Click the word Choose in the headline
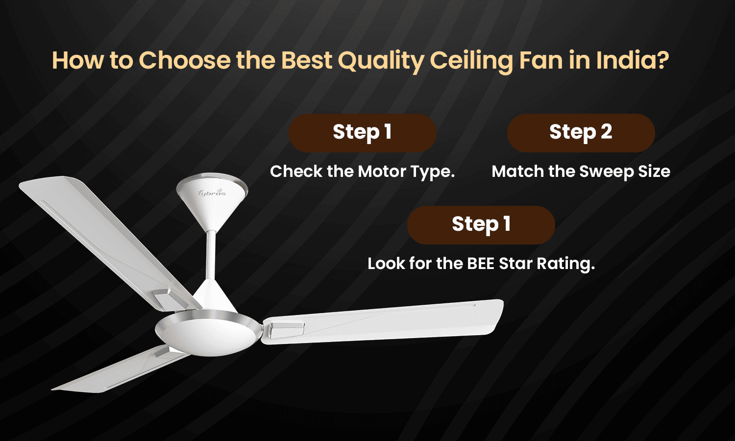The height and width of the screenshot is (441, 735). [185, 61]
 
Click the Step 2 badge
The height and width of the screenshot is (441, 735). [581, 132]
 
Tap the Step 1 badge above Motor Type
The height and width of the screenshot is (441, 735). [362, 132]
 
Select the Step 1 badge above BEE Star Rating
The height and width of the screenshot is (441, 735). [481, 224]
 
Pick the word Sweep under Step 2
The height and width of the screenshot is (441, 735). [606, 172]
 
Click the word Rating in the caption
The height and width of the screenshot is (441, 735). [565, 264]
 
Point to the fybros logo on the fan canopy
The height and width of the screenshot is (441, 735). [212, 193]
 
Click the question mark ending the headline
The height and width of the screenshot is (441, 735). [663, 61]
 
